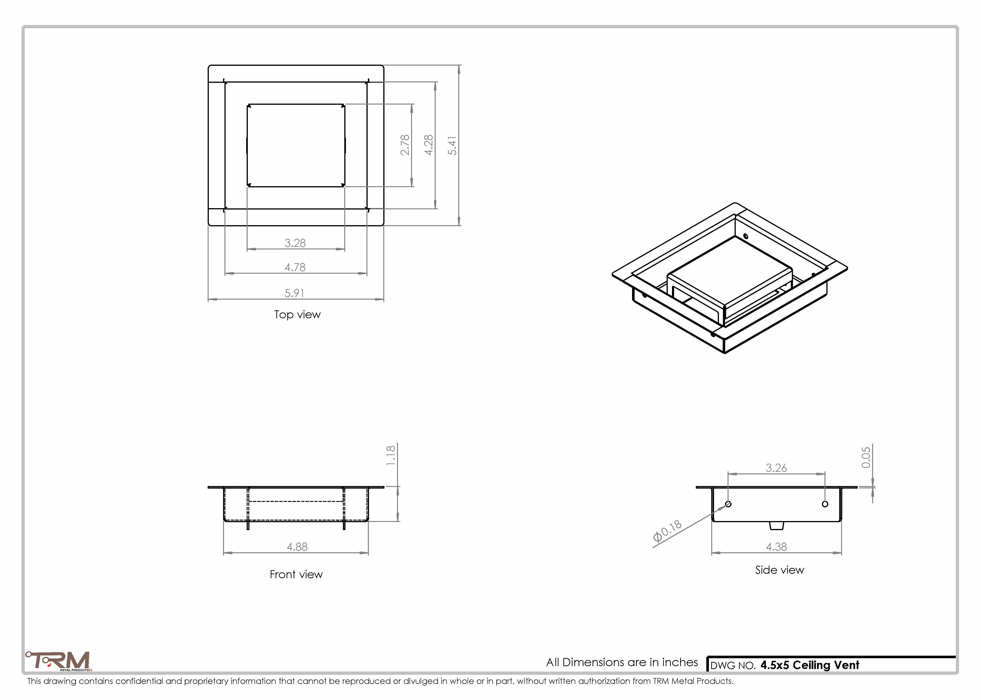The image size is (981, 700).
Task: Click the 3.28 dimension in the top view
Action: pos(295,243)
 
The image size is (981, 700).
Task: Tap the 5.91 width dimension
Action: pos(295,293)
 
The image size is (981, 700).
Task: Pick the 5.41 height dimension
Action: pos(452,146)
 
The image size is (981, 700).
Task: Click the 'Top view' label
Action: pos(297,315)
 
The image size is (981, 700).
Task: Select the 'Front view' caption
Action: pos(296,574)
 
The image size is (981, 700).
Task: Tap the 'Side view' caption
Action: pos(779,570)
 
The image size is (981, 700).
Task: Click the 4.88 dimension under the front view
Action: pos(297,547)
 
